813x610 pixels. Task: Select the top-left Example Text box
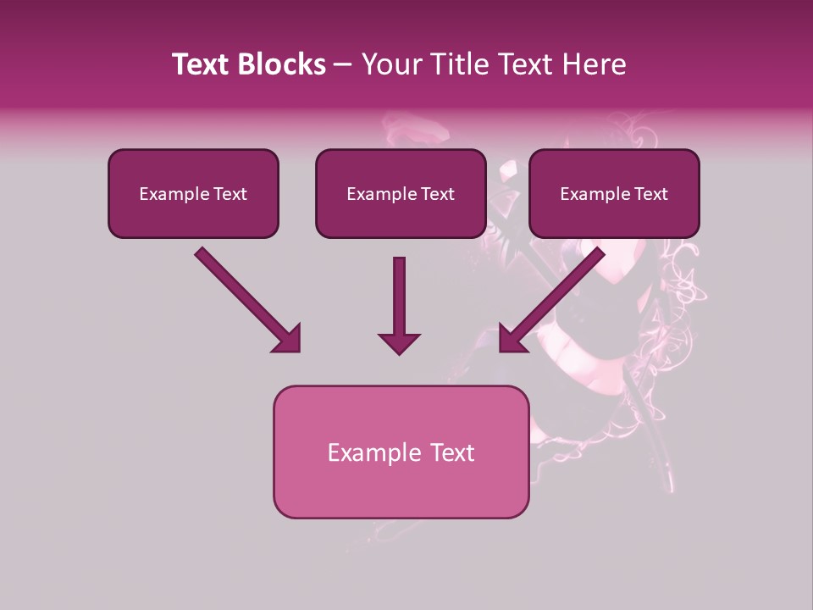tap(193, 193)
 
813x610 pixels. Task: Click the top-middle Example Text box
tap(401, 193)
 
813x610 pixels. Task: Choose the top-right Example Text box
tap(614, 193)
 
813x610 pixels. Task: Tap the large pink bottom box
tap(401, 452)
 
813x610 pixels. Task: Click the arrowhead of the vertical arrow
tap(399, 342)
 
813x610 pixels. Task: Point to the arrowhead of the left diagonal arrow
tap(288, 339)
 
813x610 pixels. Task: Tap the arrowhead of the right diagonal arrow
tap(512, 339)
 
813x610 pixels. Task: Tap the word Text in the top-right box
tap(650, 194)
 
